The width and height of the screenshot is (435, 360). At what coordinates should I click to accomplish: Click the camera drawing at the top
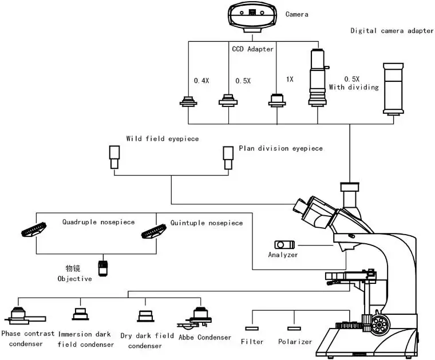252,15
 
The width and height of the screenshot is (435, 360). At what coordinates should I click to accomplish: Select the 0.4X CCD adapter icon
188,102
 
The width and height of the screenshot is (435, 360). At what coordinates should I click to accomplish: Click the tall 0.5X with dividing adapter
318,77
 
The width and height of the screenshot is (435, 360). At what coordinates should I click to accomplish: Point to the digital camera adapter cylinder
393,89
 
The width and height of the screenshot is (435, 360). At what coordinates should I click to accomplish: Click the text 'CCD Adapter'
252,49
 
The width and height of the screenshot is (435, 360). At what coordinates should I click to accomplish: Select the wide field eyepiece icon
114,157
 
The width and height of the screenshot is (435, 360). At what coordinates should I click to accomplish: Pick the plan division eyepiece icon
228,157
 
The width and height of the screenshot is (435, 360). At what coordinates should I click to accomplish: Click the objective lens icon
103,268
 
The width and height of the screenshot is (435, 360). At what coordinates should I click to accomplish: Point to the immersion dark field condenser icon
80,314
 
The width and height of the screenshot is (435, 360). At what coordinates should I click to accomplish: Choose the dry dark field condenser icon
145,316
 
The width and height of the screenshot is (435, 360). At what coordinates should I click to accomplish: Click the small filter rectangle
252,328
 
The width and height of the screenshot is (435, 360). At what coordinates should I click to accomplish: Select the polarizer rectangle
295,328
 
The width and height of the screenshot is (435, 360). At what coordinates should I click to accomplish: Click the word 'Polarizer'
295,342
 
